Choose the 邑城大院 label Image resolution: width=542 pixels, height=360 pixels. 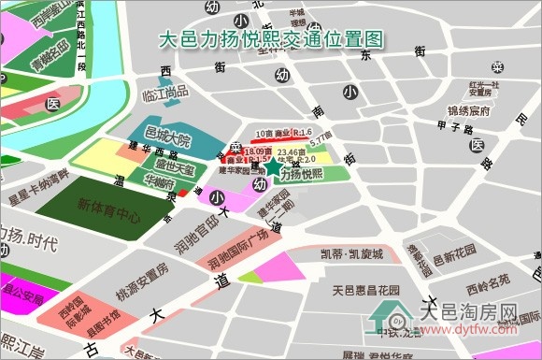(x=168, y=140)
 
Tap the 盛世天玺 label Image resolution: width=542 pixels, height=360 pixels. (x=175, y=169)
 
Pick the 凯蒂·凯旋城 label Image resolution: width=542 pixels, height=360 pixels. (x=351, y=254)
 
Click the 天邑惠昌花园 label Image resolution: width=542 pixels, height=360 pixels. (x=365, y=291)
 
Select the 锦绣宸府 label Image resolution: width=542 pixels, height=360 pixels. (x=469, y=111)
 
